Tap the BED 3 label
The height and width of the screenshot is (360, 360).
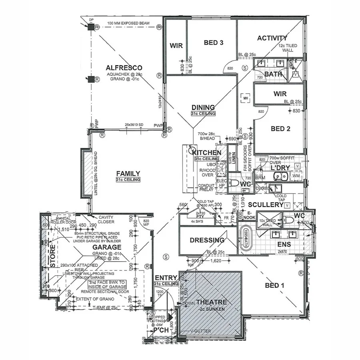pos(213,42)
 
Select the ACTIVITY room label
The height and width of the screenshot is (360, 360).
pos(272,38)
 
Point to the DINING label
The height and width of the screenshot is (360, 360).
pos(203,107)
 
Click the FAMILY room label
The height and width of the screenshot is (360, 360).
pos(128,173)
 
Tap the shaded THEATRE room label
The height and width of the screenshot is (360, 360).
pos(212,302)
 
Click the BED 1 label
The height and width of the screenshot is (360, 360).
pos(275,285)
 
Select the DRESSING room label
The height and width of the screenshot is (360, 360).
pos(207,240)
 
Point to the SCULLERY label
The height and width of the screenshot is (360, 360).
pos(265,205)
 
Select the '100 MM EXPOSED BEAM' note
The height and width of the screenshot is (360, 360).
pos(128,24)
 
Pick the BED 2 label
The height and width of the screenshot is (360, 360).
pos(280,128)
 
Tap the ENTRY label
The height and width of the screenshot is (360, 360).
pos(166,278)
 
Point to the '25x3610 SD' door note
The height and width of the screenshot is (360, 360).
pos(134,125)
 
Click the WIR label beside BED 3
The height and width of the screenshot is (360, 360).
pos(176,46)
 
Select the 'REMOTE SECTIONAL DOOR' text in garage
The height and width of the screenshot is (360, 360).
pos(107,292)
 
